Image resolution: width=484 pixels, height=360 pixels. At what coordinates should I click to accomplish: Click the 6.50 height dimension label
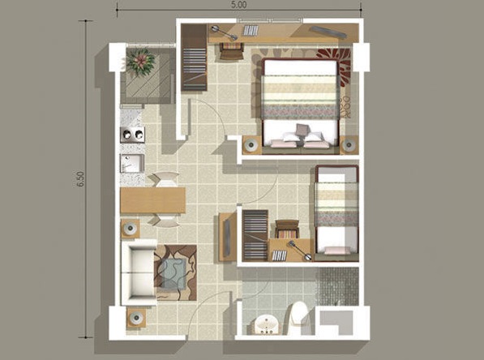click(x=80, y=181)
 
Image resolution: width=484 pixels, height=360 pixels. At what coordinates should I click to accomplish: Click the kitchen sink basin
click(x=131, y=163)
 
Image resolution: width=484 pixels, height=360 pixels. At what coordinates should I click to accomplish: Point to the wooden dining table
click(x=152, y=199)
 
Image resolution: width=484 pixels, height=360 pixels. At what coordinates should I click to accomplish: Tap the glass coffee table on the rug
click(x=173, y=271)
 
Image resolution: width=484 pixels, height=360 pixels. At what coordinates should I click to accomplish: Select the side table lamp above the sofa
click(x=130, y=229)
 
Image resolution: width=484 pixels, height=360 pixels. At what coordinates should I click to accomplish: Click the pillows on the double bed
click(x=302, y=134)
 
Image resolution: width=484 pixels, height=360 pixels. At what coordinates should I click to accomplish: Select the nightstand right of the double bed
click(x=349, y=145)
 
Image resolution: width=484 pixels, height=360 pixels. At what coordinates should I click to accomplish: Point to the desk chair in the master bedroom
click(x=231, y=49)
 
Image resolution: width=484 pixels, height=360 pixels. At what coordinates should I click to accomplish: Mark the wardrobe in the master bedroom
click(x=195, y=58)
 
